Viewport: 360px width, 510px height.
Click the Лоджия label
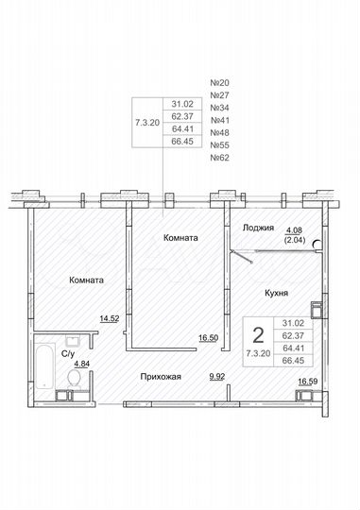point(258,228)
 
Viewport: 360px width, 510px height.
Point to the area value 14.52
point(110,319)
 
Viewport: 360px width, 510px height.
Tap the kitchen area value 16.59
point(308,382)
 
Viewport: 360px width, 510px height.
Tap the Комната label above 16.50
point(180,238)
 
